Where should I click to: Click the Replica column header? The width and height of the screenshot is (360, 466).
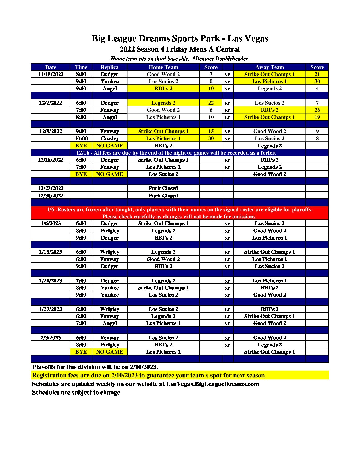pyautogui.click(x=110, y=67)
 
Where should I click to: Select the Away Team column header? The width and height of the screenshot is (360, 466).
pyautogui.click(x=269, y=67)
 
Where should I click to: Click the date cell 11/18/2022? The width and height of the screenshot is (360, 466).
pyautogui.click(x=50, y=74)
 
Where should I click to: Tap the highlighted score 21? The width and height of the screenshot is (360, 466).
pyautogui.click(x=317, y=74)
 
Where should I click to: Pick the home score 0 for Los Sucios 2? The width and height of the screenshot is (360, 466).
pyautogui.click(x=211, y=81)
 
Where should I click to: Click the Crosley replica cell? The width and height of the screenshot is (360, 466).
pyautogui.click(x=110, y=138)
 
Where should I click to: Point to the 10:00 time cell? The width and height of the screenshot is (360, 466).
pyautogui.click(x=81, y=138)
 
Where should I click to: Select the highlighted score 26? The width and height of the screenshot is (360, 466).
pyautogui.click(x=317, y=110)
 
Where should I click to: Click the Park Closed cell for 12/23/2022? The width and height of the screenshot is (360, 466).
pyautogui.click(x=163, y=188)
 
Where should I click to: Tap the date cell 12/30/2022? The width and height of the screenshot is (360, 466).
pyautogui.click(x=50, y=196)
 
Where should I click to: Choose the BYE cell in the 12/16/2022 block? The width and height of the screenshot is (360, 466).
pyautogui.click(x=81, y=174)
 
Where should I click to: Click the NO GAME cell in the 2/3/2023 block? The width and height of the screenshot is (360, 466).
pyautogui.click(x=110, y=352)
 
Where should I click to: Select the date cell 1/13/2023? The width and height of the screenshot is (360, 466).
pyautogui.click(x=50, y=252)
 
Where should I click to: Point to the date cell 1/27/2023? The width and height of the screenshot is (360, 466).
pyautogui.click(x=50, y=309)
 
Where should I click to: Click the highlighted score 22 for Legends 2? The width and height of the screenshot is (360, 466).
pyautogui.click(x=211, y=103)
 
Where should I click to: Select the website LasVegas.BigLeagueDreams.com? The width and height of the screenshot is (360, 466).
pyautogui.click(x=213, y=384)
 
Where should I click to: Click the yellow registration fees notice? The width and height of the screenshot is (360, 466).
pyautogui.click(x=148, y=375)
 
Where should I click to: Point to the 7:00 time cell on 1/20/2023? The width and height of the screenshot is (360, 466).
pyautogui.click(x=81, y=281)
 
